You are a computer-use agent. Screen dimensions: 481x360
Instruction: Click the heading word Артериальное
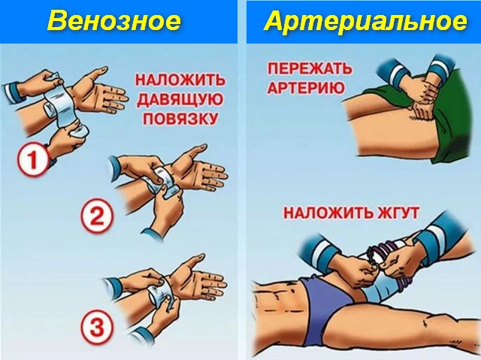[365, 22]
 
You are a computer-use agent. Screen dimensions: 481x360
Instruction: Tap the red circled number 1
[33, 160]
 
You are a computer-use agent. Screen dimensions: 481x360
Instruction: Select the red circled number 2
[97, 217]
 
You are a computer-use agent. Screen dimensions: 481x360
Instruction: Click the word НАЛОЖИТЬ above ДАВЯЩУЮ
[180, 80]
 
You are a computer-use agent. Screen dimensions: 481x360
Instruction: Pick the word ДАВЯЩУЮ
[180, 99]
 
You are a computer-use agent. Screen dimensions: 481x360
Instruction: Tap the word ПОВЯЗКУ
[180, 119]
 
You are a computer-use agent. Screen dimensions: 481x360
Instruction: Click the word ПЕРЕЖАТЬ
[310, 68]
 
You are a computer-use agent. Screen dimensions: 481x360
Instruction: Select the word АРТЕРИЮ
[306, 88]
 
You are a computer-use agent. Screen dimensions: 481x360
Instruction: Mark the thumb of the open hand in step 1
[95, 74]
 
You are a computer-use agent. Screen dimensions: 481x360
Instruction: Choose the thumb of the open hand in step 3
[191, 261]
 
